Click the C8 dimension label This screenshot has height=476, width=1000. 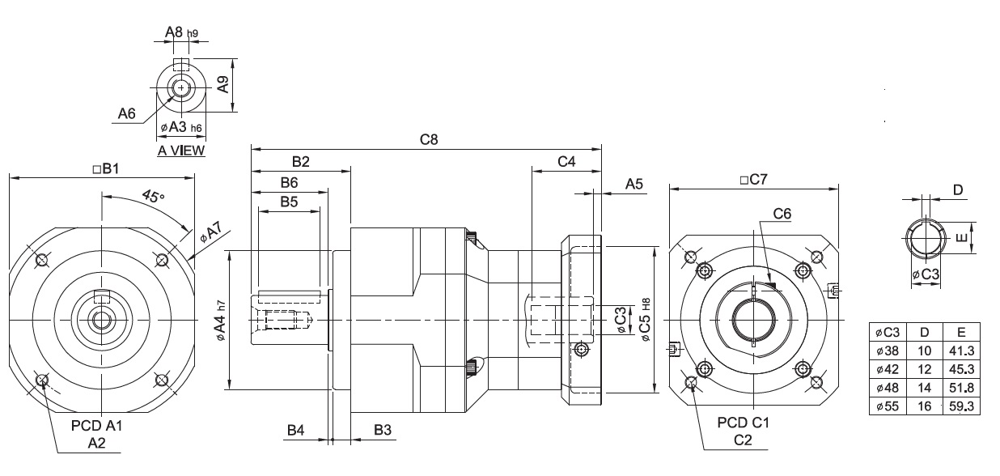(429, 140)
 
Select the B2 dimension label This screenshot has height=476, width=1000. (301, 162)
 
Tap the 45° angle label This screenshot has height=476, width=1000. (152, 196)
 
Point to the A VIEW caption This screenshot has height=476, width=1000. (181, 151)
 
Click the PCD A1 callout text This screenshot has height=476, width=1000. (94, 425)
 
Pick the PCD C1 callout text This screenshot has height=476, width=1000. (744, 423)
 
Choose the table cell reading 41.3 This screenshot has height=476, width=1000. (961, 351)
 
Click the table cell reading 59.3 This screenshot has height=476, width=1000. (961, 406)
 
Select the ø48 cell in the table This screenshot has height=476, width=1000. (888, 388)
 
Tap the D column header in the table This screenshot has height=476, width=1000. (924, 332)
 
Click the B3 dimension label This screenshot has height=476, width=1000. (383, 430)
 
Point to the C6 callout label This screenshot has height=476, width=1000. (782, 214)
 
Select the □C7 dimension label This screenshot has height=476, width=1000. (752, 180)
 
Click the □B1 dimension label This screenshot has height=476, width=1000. (105, 169)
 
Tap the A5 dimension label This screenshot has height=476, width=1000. (634, 185)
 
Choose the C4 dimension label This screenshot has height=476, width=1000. (566, 162)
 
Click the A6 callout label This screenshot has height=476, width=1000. (126, 114)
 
